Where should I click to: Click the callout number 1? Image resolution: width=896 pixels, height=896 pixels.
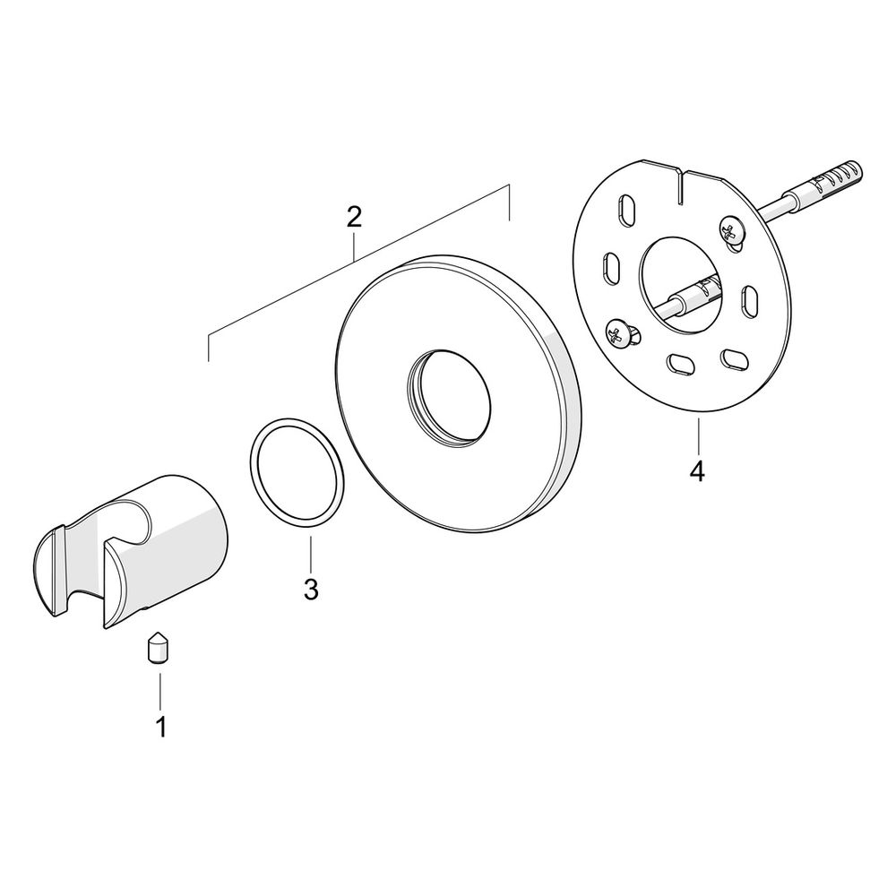click(x=161, y=727)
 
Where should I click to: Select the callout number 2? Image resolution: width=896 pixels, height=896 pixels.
click(x=354, y=218)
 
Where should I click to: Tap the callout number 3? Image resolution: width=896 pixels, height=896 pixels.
click(x=311, y=590)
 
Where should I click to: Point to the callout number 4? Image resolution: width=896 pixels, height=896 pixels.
click(x=697, y=472)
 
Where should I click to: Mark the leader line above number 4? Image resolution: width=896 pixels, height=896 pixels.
click(x=698, y=435)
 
